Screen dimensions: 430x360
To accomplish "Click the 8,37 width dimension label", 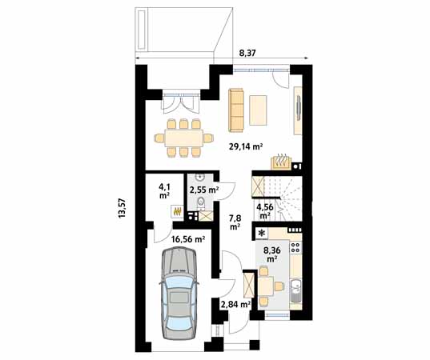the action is (x=247, y=53).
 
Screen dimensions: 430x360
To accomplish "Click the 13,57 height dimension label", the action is (x=122, y=208).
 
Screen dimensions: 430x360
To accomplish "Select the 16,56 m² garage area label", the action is (x=188, y=240).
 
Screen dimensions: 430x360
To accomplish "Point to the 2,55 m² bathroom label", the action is (x=204, y=190).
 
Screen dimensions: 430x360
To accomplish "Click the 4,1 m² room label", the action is (x=164, y=191).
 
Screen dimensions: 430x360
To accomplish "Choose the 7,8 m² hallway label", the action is (x=235, y=222).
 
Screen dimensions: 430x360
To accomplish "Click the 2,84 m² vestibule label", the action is (x=236, y=304).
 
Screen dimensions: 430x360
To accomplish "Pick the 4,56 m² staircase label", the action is (x=264, y=211).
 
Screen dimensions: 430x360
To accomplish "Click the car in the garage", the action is (x=179, y=294).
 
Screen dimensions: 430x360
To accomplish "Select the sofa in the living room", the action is (x=236, y=110).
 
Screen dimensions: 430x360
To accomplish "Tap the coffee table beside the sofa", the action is (x=258, y=110).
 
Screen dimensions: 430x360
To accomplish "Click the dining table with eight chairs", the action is (x=183, y=138).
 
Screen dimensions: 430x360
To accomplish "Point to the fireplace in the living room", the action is (x=281, y=162).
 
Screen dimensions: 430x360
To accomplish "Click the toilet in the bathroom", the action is (x=201, y=203).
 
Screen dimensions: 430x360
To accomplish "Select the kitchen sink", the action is (x=295, y=290).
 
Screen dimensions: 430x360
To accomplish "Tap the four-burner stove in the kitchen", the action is (x=295, y=247).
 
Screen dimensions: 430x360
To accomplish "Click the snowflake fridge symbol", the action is (x=262, y=234).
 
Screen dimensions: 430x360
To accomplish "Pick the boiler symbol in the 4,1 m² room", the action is (x=178, y=211).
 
